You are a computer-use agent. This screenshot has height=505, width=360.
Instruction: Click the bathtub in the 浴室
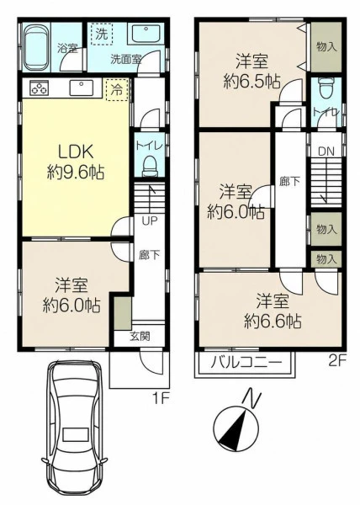pos(36,48)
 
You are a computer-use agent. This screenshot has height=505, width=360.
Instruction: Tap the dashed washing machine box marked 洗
pos(102,34)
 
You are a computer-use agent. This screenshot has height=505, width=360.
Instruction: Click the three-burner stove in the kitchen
pos(39,88)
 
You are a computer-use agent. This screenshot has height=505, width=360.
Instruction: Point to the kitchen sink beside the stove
pos(81,88)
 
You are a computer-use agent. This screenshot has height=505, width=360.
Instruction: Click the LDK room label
pos(76,151)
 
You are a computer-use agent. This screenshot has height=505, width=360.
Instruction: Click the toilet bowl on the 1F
pos(149,166)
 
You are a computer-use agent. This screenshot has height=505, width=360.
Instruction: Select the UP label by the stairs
pos(150,221)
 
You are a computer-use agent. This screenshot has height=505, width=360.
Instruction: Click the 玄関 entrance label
pos(140,337)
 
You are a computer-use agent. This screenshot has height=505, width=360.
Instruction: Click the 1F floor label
pos(160,399)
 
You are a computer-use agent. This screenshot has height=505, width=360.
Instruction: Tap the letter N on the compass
pos(252,398)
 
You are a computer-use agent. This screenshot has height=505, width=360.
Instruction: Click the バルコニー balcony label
pos(246,364)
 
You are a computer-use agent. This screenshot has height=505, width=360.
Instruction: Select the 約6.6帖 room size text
pos(273,321)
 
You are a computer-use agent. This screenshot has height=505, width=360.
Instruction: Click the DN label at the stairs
pos(326,151)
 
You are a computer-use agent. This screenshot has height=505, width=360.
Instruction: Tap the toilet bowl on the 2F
pos(326,88)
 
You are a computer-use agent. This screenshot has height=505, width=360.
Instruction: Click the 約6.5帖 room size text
pos(251,82)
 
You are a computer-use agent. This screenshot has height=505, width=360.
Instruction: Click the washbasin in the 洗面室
pos(146,33)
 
